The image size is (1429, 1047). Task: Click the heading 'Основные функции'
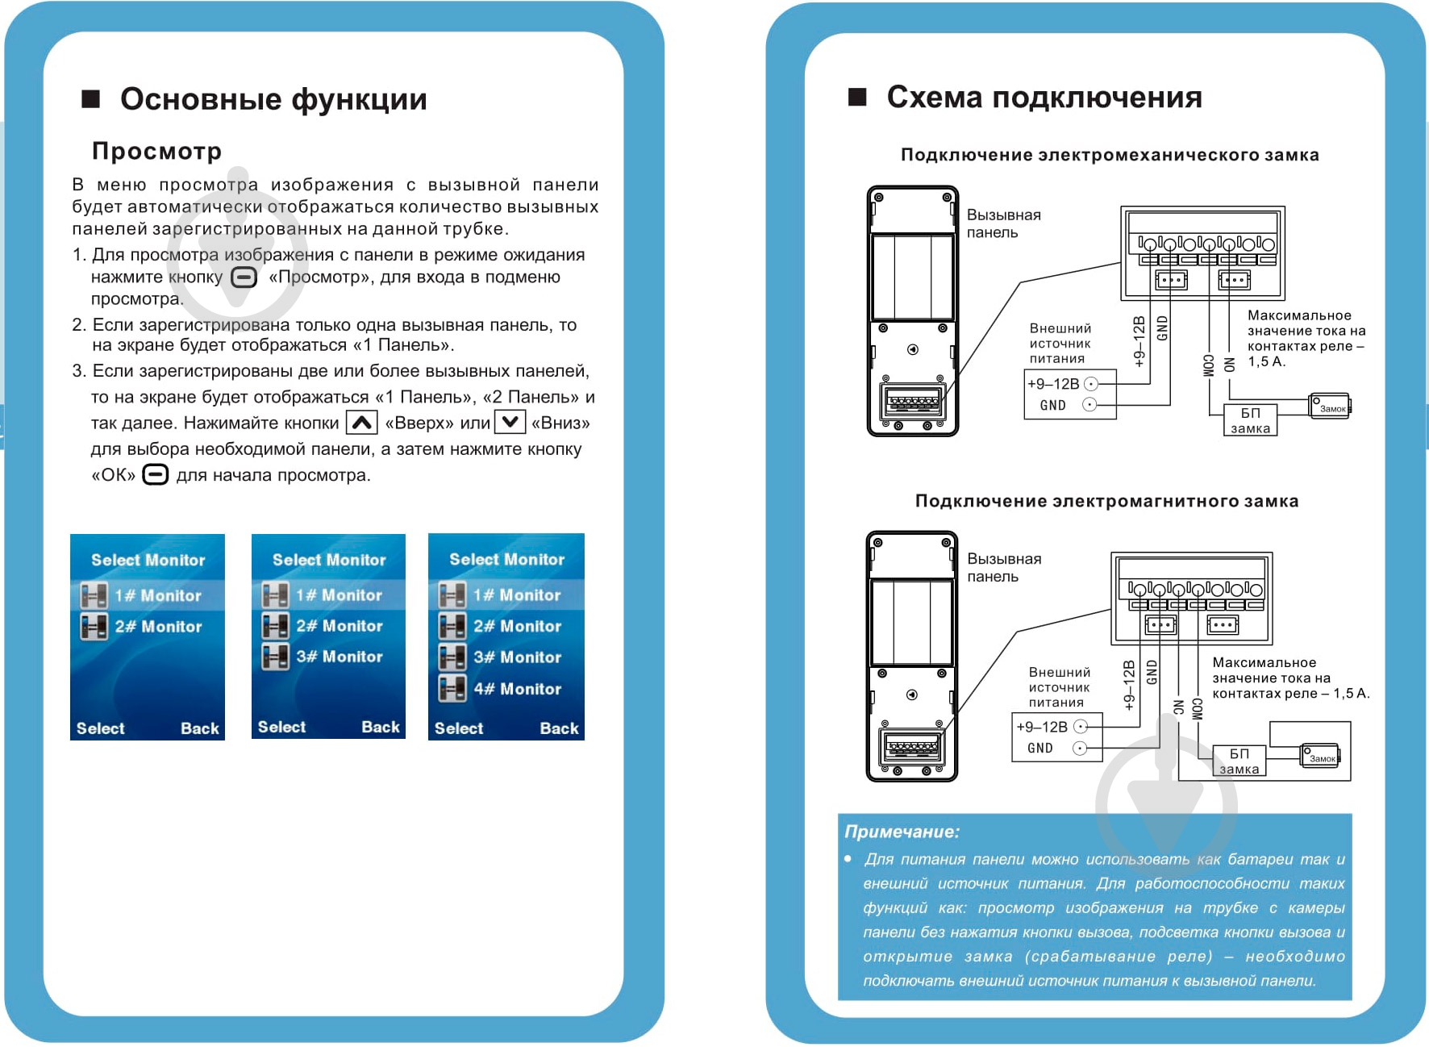273,99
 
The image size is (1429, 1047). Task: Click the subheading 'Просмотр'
156,151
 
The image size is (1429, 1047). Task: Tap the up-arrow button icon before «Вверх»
361,422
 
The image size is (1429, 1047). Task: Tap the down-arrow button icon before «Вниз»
510,422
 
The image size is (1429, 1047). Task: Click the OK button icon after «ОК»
155,474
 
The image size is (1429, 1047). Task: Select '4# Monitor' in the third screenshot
516,689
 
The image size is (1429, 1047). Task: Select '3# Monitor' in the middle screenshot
339,657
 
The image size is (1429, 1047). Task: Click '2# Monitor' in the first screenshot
158,627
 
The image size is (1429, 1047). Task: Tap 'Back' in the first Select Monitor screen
199,728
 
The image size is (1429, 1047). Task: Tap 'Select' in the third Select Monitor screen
459,728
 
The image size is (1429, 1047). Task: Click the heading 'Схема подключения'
1044,98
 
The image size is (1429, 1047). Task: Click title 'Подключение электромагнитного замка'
1106,501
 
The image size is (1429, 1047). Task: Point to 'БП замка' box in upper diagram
1249,420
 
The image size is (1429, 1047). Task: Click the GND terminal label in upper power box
1052,405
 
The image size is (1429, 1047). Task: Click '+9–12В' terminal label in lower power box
1041,727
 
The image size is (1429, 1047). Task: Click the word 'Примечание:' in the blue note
902,832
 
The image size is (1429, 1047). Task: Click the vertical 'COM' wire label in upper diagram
1208,365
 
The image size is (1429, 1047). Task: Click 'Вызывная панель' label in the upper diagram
1003,223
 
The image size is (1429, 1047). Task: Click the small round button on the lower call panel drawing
912,695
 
